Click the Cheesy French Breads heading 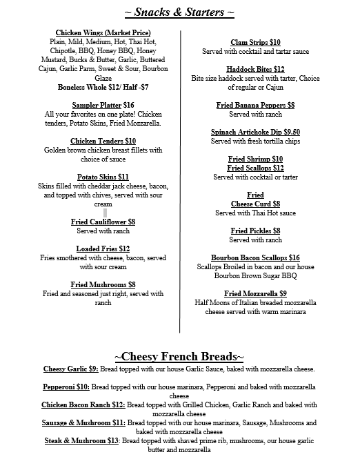point(179,356)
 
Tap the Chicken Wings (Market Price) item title point(103,32)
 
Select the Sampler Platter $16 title point(103,105)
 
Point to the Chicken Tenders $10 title point(103,141)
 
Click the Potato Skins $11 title point(103,177)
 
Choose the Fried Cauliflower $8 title point(103,222)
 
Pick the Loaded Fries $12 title point(103,248)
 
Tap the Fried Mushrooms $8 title point(103,284)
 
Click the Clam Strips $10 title point(255,42)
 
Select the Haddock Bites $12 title point(255,69)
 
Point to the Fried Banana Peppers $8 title point(255,105)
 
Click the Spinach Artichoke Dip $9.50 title point(255,132)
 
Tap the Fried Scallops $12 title point(255,168)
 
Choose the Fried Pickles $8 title point(255,231)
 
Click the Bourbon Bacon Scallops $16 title point(255,257)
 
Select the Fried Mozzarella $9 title point(255,293)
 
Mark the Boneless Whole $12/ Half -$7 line point(103,87)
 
